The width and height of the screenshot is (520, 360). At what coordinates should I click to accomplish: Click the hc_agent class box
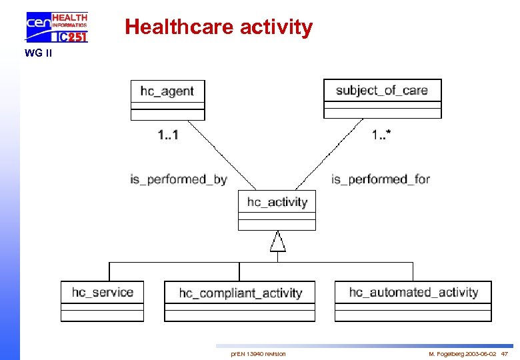pos(167,99)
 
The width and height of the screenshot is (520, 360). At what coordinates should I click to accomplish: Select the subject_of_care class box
pos(382,98)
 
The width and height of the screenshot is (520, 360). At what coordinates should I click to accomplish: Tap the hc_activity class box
pos(277,209)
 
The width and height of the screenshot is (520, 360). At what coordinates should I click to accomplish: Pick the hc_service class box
pos(102,301)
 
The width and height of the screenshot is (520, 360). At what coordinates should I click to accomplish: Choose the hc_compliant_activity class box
pos(240,301)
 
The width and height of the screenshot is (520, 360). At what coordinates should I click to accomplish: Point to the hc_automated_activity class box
pos(413,301)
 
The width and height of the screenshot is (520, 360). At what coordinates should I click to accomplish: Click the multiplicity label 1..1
pos(168,135)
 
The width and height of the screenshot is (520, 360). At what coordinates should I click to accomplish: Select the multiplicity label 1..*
pos(381,135)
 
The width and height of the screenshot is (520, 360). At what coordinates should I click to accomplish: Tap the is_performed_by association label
pos(178,179)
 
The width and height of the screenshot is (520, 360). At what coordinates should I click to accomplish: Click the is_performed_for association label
pos(380,179)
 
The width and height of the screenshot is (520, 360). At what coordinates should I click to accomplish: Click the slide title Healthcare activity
pos(219,27)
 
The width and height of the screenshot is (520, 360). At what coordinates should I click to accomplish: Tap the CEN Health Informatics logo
pos(57,27)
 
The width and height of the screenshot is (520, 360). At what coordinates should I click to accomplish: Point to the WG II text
pos(38,53)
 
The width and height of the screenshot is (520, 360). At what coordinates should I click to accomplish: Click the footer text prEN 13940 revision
pos(258,353)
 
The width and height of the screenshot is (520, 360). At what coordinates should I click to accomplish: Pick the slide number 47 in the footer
pos(504,353)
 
